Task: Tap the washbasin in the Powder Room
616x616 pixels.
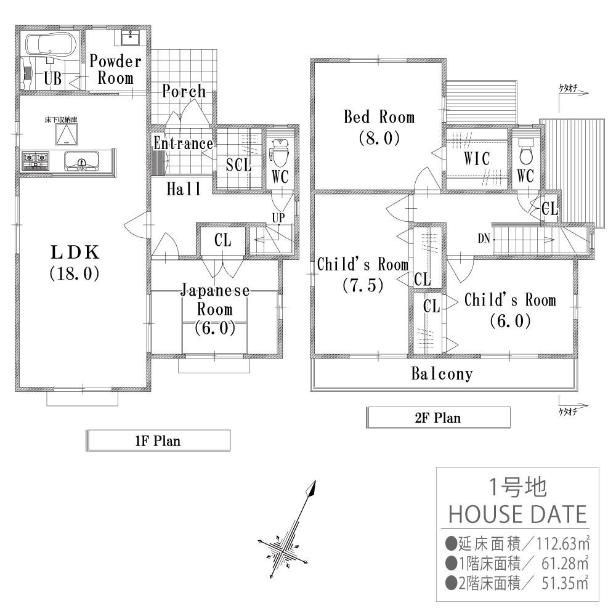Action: (x=131, y=38)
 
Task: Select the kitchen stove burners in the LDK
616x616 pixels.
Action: (x=36, y=161)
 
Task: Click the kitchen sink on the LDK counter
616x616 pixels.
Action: (x=80, y=163)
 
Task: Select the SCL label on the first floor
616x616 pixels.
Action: (x=238, y=164)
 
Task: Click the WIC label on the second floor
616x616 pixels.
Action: (x=476, y=159)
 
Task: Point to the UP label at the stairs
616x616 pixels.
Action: (x=278, y=217)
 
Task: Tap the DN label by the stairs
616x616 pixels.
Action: (x=484, y=240)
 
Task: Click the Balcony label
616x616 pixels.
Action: (x=442, y=374)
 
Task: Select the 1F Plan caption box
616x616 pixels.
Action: (x=158, y=440)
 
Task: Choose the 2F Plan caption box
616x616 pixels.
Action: (x=438, y=418)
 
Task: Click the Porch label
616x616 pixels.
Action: (x=184, y=92)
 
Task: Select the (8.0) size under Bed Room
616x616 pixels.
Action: (x=379, y=138)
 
